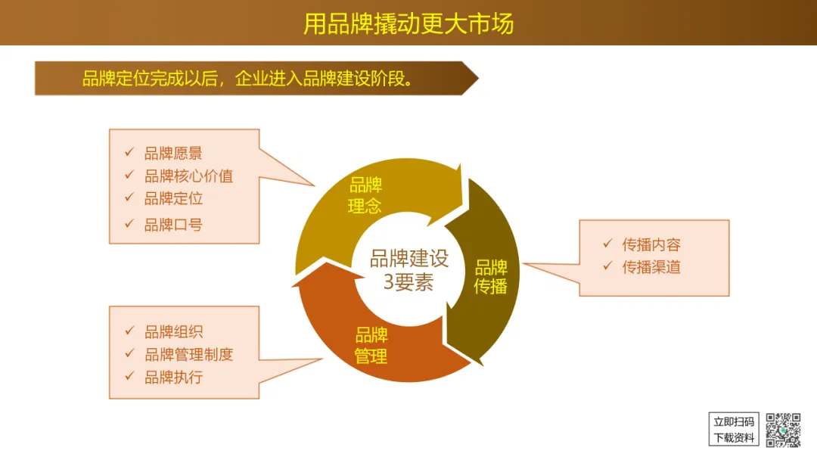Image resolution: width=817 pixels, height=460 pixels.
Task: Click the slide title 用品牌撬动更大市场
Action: [x=408, y=23]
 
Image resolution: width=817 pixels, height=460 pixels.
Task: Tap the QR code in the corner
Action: [x=783, y=430]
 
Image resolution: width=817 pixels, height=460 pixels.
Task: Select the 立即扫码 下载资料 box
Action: [x=734, y=429]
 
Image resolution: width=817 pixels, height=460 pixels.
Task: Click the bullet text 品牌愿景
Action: [x=173, y=154]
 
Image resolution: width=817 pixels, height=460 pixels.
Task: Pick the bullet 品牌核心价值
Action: [x=188, y=176]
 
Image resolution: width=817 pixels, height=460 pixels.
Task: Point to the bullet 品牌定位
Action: [x=173, y=199]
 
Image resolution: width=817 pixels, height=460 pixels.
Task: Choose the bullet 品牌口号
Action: [x=173, y=224]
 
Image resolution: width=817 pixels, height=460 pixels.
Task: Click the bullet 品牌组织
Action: [x=173, y=331]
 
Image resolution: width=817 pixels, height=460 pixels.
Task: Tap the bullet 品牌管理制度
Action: [x=188, y=354]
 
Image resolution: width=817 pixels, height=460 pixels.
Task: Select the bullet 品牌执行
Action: [x=173, y=377]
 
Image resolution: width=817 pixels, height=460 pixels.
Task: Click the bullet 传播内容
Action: [x=651, y=244]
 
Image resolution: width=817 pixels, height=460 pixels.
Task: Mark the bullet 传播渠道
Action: [x=651, y=266]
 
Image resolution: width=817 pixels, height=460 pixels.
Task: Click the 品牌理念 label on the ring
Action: [x=365, y=195]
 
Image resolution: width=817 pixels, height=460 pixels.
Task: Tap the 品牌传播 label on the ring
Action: [x=491, y=277]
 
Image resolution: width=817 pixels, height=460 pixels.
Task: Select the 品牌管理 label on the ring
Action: [x=371, y=346]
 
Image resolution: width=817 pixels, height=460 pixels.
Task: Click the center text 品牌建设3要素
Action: [x=409, y=270]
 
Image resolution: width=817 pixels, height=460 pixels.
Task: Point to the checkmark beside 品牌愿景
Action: [x=129, y=153]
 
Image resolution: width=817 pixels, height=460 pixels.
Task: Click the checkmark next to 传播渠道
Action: [x=607, y=266]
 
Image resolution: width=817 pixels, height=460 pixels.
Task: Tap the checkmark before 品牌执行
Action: [x=129, y=376]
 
